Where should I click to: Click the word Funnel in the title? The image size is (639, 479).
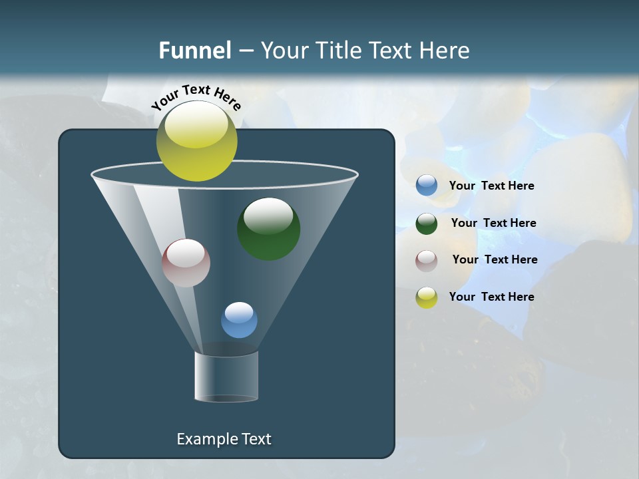click(x=194, y=51)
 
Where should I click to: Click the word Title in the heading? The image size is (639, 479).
click(x=337, y=51)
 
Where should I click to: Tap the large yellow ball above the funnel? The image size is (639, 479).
click(x=197, y=141)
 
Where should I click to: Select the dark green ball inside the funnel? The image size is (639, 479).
click(x=269, y=229)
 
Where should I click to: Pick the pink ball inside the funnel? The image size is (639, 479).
click(x=186, y=263)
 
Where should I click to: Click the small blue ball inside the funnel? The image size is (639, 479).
click(x=239, y=320)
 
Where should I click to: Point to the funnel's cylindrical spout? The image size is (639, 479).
click(x=226, y=377)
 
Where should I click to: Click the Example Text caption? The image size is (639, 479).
click(x=224, y=439)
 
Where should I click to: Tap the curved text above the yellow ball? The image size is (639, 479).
click(x=196, y=96)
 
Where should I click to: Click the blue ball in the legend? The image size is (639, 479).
click(x=427, y=186)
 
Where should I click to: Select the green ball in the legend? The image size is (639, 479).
click(x=427, y=224)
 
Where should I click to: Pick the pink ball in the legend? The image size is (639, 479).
click(x=427, y=260)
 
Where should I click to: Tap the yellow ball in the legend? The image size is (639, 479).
click(x=427, y=297)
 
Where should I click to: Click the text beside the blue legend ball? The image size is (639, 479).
click(x=491, y=186)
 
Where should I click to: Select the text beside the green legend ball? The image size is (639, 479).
click(x=493, y=224)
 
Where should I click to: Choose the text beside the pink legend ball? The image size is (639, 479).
click(x=495, y=260)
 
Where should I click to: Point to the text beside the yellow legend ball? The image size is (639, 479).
click(x=491, y=297)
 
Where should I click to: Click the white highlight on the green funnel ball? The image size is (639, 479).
click(x=268, y=216)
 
